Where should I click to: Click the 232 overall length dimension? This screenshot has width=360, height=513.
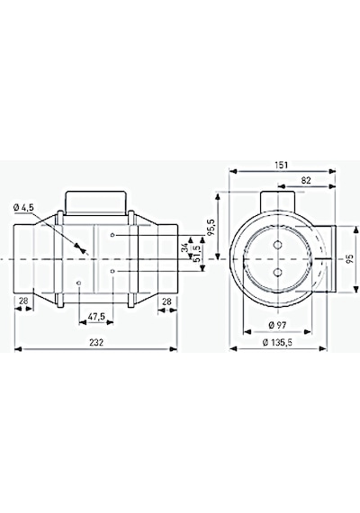[96, 342]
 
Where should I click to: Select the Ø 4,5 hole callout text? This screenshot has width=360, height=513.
[23, 207]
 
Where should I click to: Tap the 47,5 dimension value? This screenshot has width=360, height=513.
[96, 316]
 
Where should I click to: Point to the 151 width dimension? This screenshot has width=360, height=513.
[282, 166]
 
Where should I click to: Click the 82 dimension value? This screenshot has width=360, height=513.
[306, 180]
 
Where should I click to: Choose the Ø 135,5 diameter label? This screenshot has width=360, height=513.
[277, 343]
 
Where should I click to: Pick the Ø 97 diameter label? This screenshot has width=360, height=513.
[277, 325]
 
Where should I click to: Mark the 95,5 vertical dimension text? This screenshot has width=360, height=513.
[211, 227]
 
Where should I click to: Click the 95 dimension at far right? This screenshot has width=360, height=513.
[349, 259]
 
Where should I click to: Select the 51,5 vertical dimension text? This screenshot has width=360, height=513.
[197, 254]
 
